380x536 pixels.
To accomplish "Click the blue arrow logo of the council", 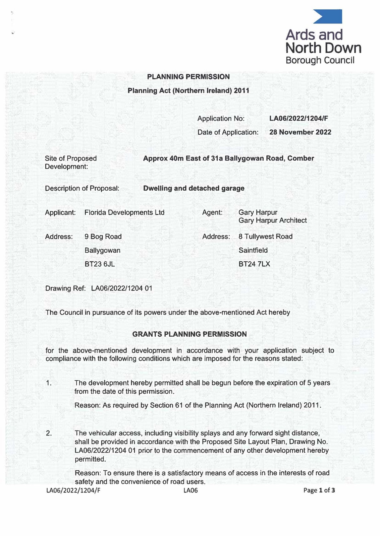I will point(328,16).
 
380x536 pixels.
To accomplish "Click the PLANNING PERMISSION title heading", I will point(188,77).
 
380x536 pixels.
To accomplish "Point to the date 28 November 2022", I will point(300,132).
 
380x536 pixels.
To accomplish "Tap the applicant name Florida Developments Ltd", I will point(124,212).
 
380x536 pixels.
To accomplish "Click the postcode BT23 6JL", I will point(100,264).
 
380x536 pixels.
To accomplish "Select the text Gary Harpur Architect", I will point(272,220).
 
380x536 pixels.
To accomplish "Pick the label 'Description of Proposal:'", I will point(82,188).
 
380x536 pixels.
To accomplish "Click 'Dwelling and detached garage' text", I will point(194,188).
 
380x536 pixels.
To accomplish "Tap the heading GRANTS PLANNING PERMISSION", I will point(189,334).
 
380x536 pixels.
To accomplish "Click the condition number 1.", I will point(49,383).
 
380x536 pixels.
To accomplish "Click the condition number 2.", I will point(49,433).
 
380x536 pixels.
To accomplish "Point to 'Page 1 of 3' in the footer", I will point(319,490).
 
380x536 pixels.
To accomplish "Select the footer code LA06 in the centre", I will point(191,490).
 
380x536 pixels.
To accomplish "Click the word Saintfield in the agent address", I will point(253,250).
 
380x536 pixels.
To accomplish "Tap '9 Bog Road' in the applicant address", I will point(103,237).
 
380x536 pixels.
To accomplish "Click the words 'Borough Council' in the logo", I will point(320,60).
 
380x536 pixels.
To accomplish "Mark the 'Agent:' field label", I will point(212,212).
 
